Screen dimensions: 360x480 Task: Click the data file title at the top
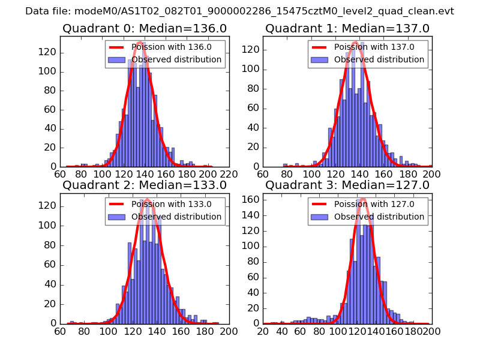coord(239,11)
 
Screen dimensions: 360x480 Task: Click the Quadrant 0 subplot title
coord(145,28)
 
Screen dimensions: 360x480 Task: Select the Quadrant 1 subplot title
coord(347,28)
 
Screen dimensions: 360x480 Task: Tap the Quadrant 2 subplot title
coord(145,185)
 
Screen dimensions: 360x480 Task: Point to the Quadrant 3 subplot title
coord(347,185)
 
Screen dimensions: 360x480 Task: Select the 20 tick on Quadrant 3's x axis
coord(263,330)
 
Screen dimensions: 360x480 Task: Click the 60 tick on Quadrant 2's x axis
coord(60,330)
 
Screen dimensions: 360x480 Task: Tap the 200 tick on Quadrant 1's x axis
coord(431,173)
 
